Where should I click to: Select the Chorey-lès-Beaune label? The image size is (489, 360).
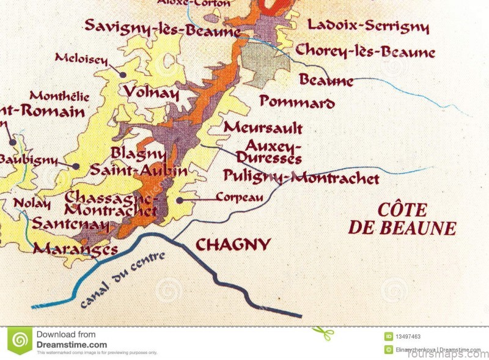[x=365, y=51]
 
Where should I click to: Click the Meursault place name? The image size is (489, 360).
[x=263, y=128]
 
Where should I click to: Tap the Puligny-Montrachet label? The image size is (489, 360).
[x=301, y=178]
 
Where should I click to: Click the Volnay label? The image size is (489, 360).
[x=152, y=93]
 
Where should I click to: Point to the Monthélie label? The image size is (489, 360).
[x=59, y=97]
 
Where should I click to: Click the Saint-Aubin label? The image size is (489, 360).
[x=139, y=171]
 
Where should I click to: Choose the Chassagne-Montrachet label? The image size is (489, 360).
[x=111, y=204]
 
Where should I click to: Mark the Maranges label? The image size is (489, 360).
[x=75, y=249]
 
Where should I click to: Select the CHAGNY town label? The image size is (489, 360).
[x=233, y=245]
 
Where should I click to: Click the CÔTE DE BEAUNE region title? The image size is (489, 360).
[x=402, y=219]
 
